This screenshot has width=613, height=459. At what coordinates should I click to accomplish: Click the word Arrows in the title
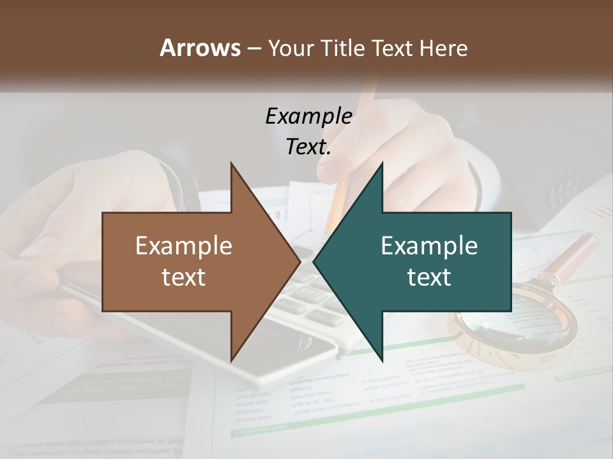pyautogui.click(x=200, y=48)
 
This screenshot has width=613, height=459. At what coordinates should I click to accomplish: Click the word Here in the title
pyautogui.click(x=443, y=48)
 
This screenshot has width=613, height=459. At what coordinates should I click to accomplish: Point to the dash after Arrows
pyautogui.click(x=254, y=49)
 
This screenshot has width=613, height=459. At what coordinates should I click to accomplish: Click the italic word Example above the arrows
pyautogui.click(x=308, y=116)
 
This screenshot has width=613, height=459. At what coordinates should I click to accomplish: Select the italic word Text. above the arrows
pyautogui.click(x=308, y=147)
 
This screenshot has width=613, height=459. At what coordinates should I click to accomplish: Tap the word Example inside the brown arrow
pyautogui.click(x=184, y=246)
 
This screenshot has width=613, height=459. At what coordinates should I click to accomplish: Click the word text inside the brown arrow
pyautogui.click(x=184, y=277)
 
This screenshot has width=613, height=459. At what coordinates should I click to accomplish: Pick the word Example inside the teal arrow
pyautogui.click(x=429, y=246)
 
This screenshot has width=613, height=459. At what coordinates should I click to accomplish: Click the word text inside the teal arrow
pyautogui.click(x=429, y=277)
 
